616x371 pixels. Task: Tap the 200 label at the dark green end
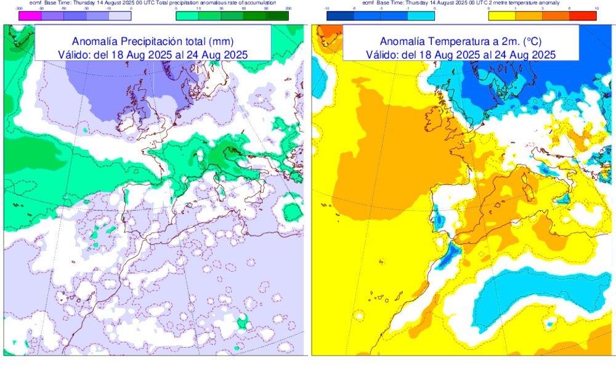[288, 9]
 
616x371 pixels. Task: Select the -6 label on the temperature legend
[354, 9]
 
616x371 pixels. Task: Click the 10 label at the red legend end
[596, 9]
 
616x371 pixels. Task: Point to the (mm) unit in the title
[220, 42]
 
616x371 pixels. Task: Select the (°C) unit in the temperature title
[532, 42]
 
